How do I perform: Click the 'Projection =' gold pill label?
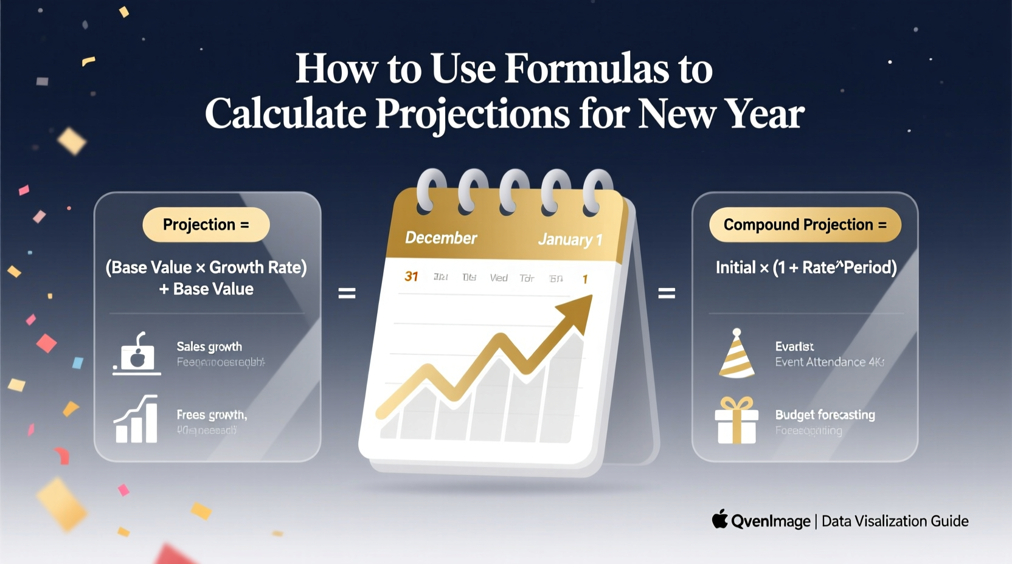click(206, 225)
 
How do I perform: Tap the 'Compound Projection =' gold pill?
click(805, 225)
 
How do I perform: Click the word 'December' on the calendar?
click(441, 238)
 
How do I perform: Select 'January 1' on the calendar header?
click(570, 239)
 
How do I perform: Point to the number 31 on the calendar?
click(411, 277)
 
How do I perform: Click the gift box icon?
click(736, 421)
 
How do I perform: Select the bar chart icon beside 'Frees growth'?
click(137, 419)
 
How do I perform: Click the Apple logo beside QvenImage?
click(720, 520)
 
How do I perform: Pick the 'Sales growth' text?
click(209, 346)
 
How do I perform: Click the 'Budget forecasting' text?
click(825, 414)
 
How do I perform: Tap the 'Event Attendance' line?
click(829, 362)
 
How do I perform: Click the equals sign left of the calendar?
click(347, 294)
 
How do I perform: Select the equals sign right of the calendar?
click(667, 294)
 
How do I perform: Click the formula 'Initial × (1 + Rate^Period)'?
click(806, 267)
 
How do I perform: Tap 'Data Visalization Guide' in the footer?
click(895, 521)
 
